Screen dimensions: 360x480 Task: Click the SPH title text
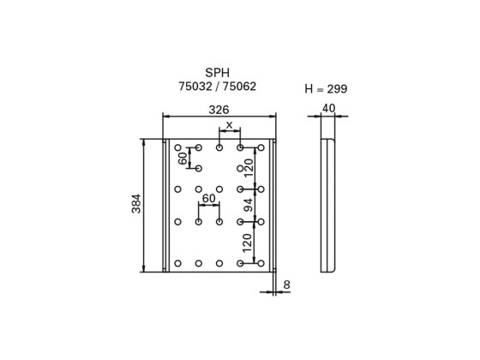[x=218, y=73]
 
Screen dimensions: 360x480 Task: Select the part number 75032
[x=195, y=87]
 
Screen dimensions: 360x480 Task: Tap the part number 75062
[x=239, y=87]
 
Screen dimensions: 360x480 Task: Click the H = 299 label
[x=326, y=89]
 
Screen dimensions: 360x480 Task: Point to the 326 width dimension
[x=219, y=110]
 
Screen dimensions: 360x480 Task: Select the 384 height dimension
[x=136, y=205]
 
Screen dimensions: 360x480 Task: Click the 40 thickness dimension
[x=328, y=109]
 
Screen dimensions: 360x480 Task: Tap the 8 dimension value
[x=285, y=284]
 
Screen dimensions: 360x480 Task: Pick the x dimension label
[x=229, y=125]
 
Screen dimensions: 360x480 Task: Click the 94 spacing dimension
[x=249, y=205]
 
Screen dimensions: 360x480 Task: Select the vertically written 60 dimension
[x=183, y=159]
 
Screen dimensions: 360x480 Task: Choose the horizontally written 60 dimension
[x=208, y=199]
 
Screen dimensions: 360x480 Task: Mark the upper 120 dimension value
[x=249, y=168]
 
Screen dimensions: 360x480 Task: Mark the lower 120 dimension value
[x=249, y=243]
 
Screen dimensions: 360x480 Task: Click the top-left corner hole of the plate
[x=177, y=148]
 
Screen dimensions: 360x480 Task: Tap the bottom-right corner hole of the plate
[x=261, y=262]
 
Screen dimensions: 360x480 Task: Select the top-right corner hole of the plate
[x=261, y=148]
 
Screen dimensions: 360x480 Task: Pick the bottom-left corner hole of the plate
[x=177, y=262]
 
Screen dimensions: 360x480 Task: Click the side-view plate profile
[x=327, y=206]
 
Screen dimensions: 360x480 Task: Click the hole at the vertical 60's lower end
[x=198, y=169]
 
